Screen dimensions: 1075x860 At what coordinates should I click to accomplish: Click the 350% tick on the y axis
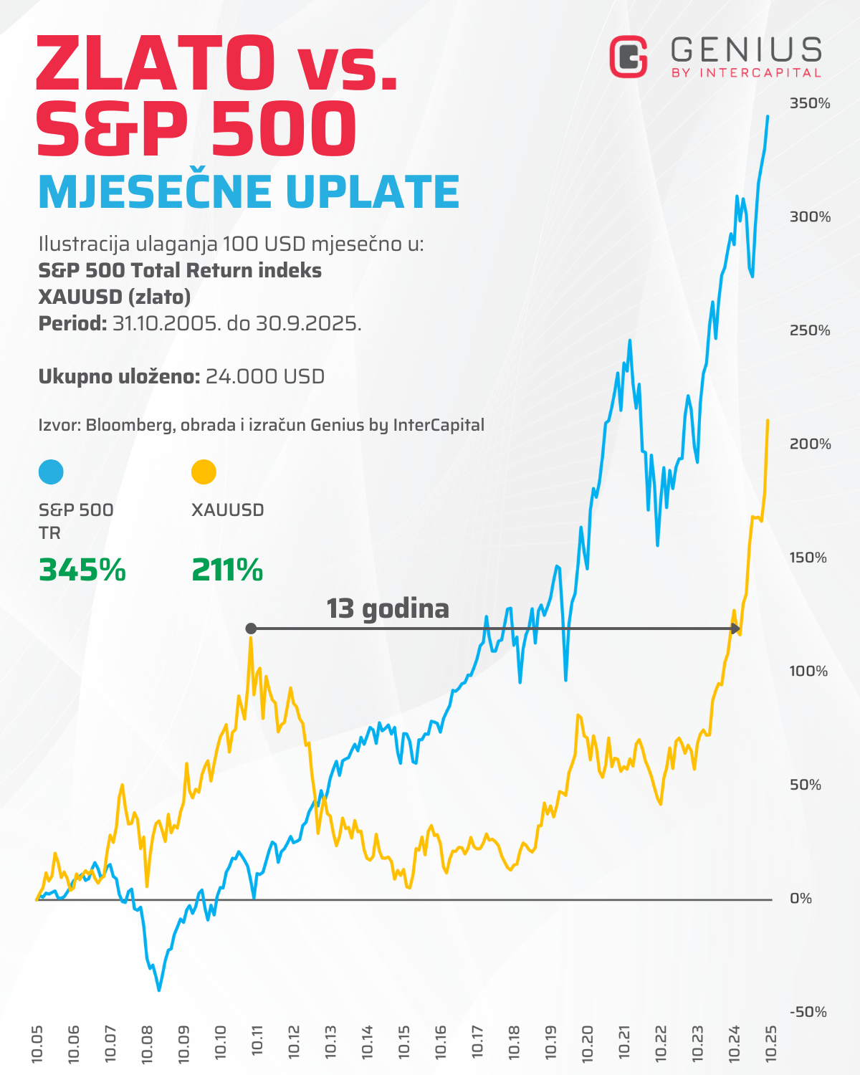(x=810, y=103)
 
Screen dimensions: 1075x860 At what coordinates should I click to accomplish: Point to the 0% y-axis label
(x=801, y=899)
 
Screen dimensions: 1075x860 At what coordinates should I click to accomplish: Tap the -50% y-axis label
(x=808, y=1012)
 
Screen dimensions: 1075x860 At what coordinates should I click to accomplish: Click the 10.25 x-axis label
(x=771, y=1043)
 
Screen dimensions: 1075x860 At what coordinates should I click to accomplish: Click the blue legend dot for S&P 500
(x=51, y=472)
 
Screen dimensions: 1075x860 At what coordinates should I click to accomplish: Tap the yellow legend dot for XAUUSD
(x=204, y=472)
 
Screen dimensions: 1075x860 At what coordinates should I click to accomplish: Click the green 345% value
(x=82, y=570)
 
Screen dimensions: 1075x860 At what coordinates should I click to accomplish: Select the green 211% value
(x=227, y=570)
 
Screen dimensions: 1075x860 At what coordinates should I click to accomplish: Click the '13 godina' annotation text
(x=388, y=608)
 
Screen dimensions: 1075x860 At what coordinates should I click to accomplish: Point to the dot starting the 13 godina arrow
(x=251, y=629)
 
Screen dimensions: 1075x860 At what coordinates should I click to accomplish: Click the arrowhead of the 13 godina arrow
(x=735, y=629)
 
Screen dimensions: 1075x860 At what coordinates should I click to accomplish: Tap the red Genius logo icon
(x=629, y=57)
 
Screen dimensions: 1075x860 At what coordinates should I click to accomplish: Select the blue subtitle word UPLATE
(x=372, y=192)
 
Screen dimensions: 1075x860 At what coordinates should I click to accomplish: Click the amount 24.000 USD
(x=265, y=376)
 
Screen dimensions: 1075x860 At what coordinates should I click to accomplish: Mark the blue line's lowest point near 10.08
(x=159, y=990)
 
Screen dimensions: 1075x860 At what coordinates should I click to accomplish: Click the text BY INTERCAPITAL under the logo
(x=746, y=73)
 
